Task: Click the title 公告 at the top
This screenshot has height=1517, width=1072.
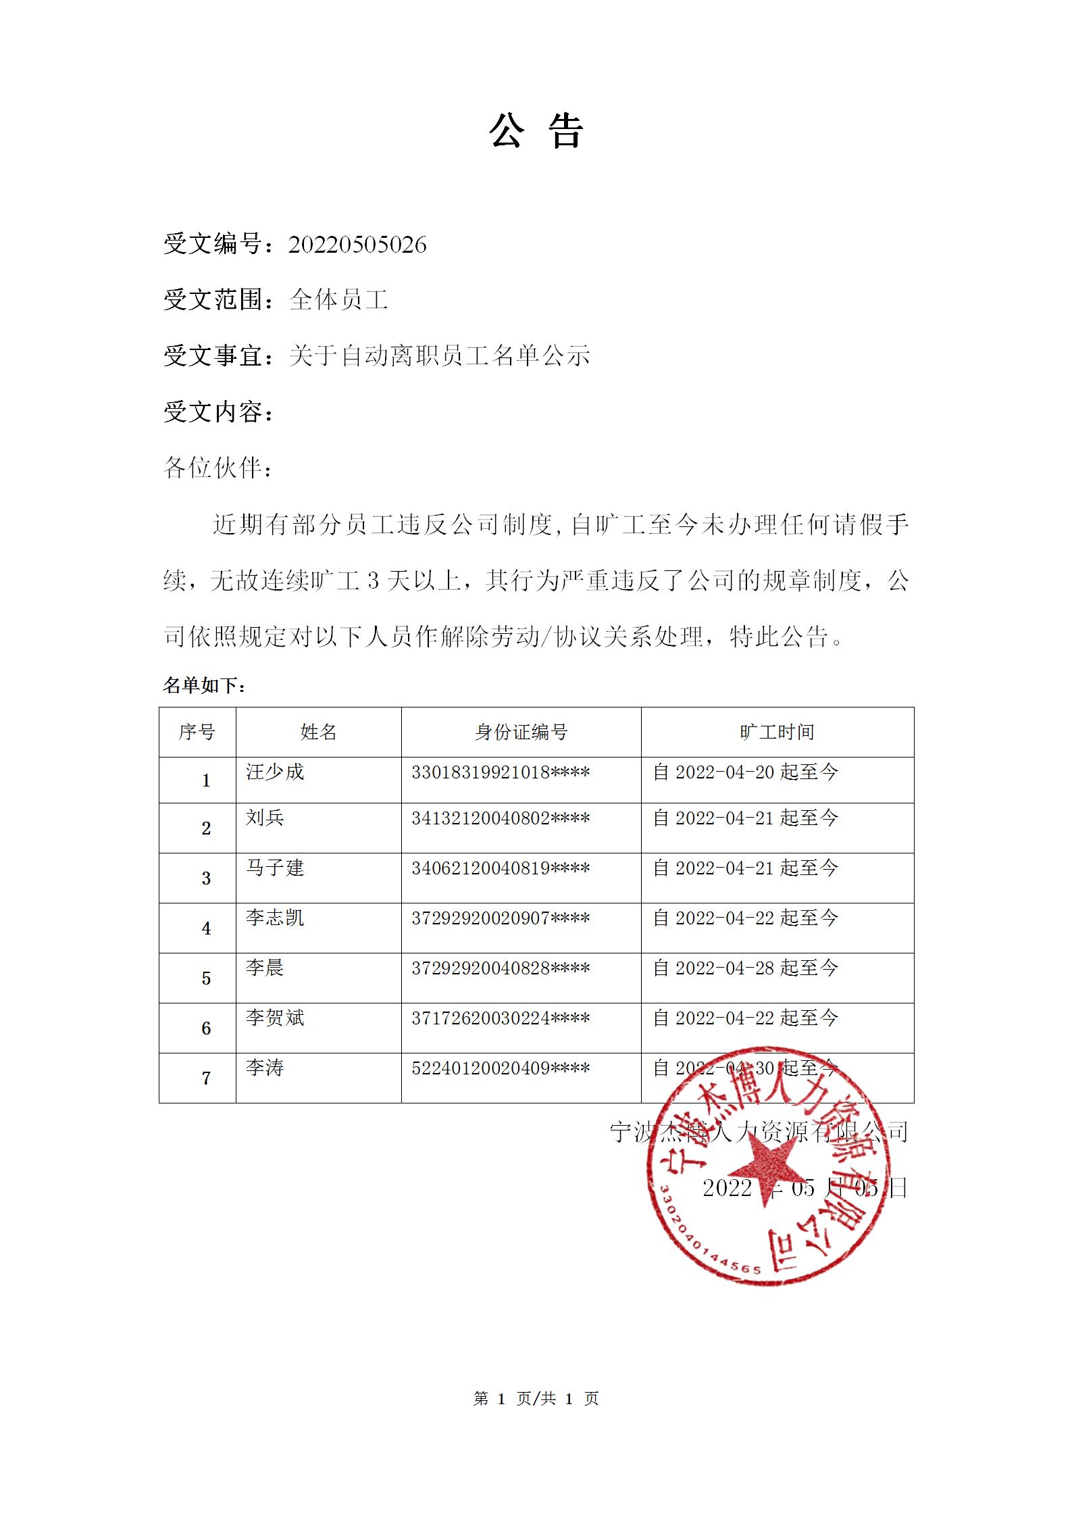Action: [x=536, y=130]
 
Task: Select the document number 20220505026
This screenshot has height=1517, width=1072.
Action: [x=357, y=245]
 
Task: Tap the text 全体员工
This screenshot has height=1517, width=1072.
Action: [x=338, y=300]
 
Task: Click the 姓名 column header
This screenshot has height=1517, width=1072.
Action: [x=318, y=732]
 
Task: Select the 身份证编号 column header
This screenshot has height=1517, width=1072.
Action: [x=521, y=732]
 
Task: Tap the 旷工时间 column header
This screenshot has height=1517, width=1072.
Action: [x=777, y=732]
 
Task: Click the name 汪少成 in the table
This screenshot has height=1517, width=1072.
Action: [x=275, y=772]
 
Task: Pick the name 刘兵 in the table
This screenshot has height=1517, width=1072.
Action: [x=265, y=818]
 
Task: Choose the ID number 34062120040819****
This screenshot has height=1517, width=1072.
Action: [x=501, y=868]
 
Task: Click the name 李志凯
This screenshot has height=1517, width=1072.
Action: [x=275, y=918]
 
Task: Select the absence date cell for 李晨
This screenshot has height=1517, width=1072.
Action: [x=745, y=968]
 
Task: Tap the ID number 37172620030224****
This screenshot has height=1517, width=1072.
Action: [x=501, y=1018]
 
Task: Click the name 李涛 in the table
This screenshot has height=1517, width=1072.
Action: [x=265, y=1068]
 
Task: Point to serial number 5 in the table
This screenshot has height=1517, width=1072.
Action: [x=206, y=978]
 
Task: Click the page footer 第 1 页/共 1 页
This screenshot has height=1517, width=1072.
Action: [x=536, y=1399]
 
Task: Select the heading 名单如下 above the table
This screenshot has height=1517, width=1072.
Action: [x=204, y=686]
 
